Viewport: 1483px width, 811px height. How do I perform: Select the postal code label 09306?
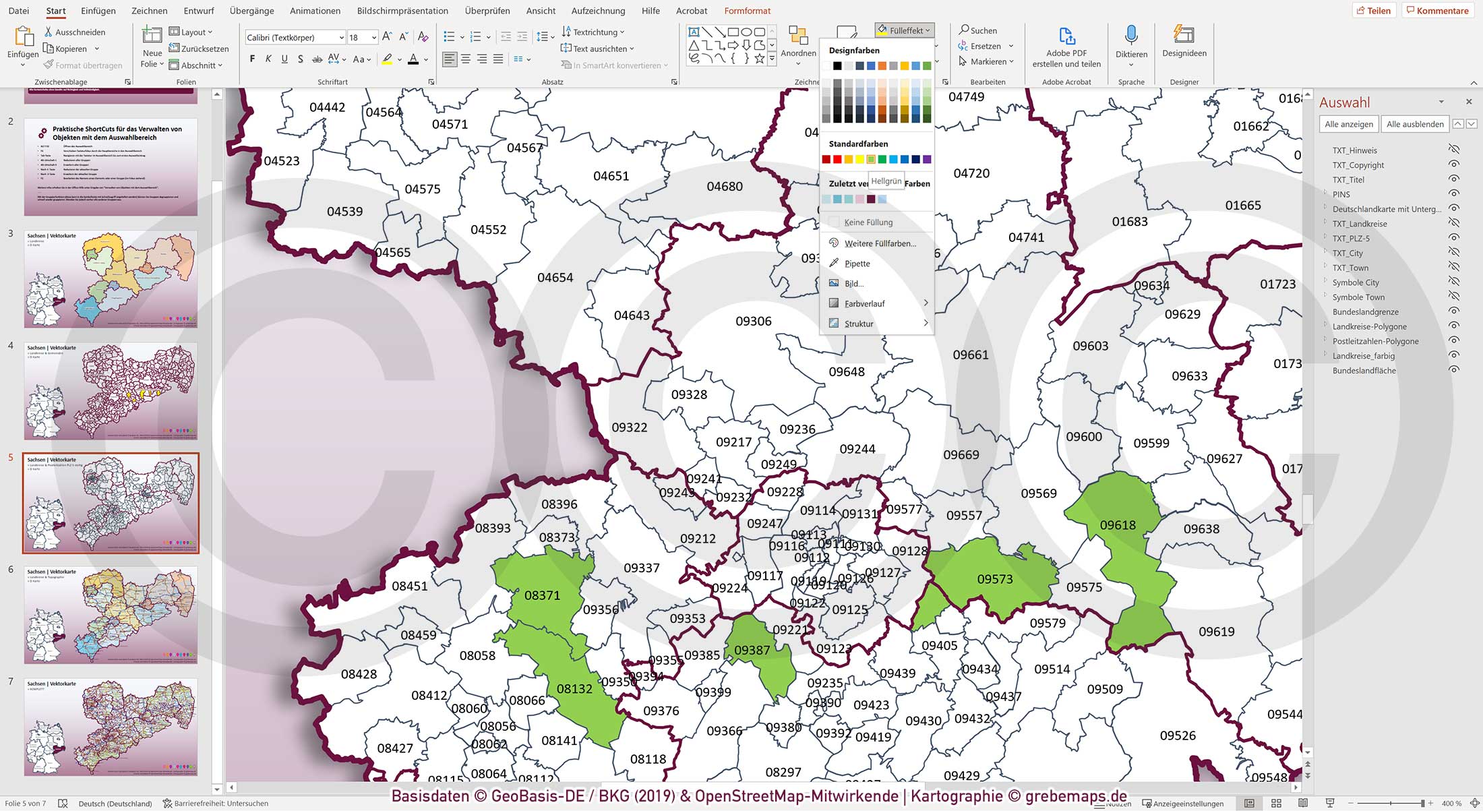(753, 322)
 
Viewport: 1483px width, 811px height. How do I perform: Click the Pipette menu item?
(857, 264)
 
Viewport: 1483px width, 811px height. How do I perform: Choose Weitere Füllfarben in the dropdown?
(880, 243)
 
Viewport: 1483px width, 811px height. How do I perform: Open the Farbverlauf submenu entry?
(864, 304)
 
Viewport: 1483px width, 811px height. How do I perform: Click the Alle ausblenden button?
(1414, 124)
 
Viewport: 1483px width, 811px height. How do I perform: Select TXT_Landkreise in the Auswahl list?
(1359, 224)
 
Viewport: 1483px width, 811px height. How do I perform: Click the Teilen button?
(1373, 11)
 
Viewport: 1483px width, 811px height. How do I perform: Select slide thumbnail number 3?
(111, 279)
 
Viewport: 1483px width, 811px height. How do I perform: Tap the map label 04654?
(555, 278)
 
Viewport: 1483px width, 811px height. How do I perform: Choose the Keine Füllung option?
(868, 222)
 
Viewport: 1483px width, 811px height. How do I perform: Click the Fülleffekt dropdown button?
(904, 30)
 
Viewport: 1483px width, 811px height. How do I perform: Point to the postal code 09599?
(1151, 444)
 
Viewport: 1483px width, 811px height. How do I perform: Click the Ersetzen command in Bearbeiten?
(985, 46)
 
